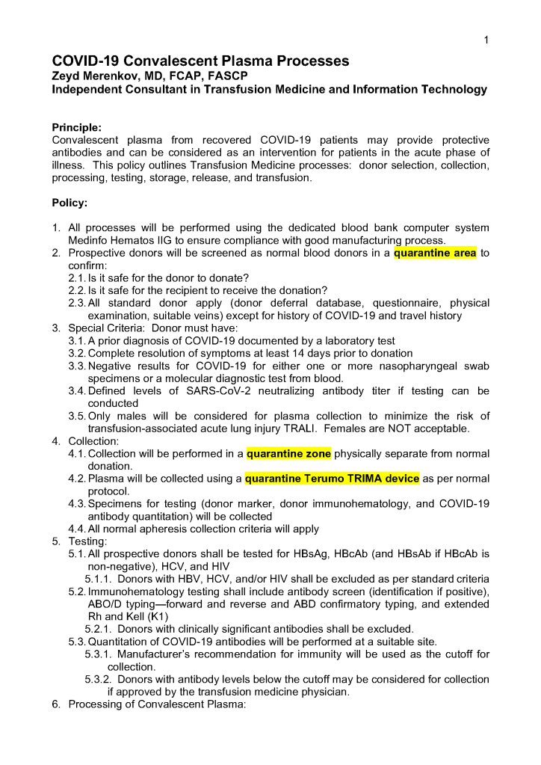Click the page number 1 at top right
click(486, 40)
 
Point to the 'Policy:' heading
click(69, 203)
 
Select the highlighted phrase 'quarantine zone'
click(288, 453)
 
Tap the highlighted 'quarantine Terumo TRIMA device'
click(332, 479)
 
